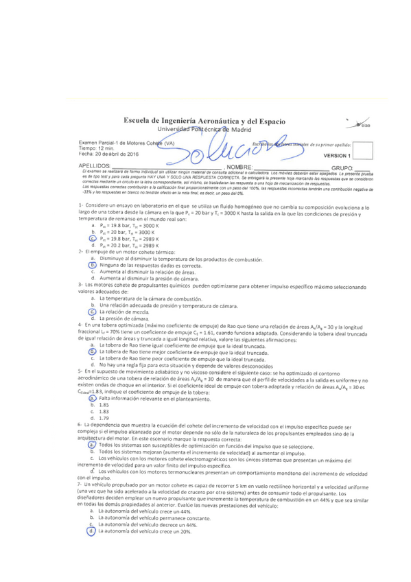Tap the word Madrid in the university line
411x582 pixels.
pos(251,130)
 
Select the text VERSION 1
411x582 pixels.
pos(338,156)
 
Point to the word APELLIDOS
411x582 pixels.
pos(95,166)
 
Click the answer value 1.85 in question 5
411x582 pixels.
pos(104,405)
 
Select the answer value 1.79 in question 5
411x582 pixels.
pos(104,418)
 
